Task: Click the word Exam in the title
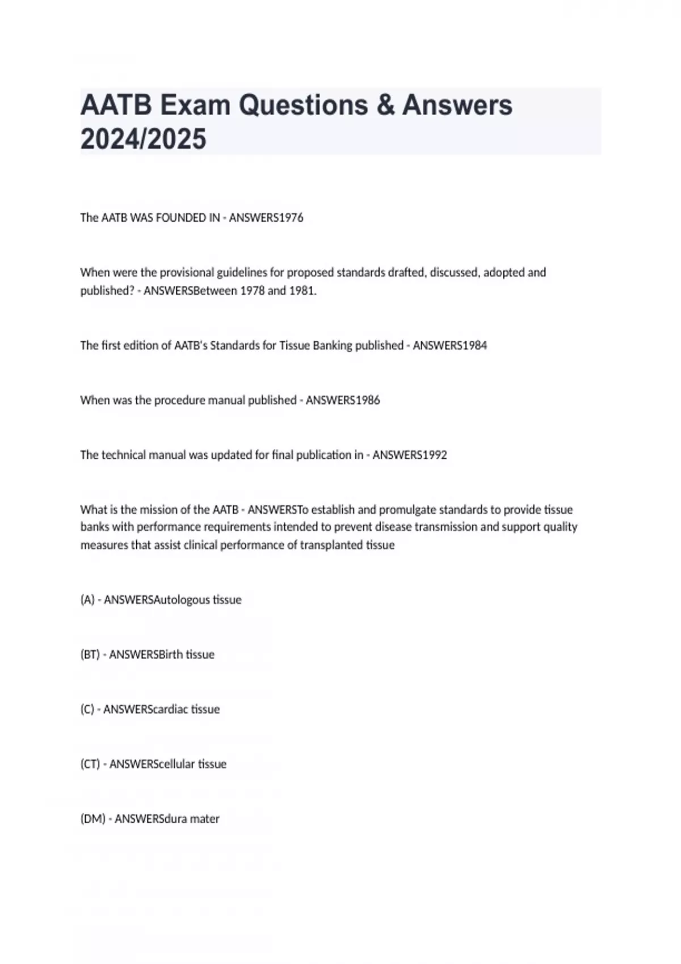click(194, 105)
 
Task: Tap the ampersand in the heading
click(385, 105)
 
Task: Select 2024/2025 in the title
click(143, 139)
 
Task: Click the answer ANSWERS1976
click(266, 218)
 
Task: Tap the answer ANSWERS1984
click(449, 345)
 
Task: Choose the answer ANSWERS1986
click(343, 400)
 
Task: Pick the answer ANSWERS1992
click(410, 455)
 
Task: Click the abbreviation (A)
click(87, 600)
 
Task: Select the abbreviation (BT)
click(90, 654)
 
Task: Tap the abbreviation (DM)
click(93, 819)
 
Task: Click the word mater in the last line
click(205, 819)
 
